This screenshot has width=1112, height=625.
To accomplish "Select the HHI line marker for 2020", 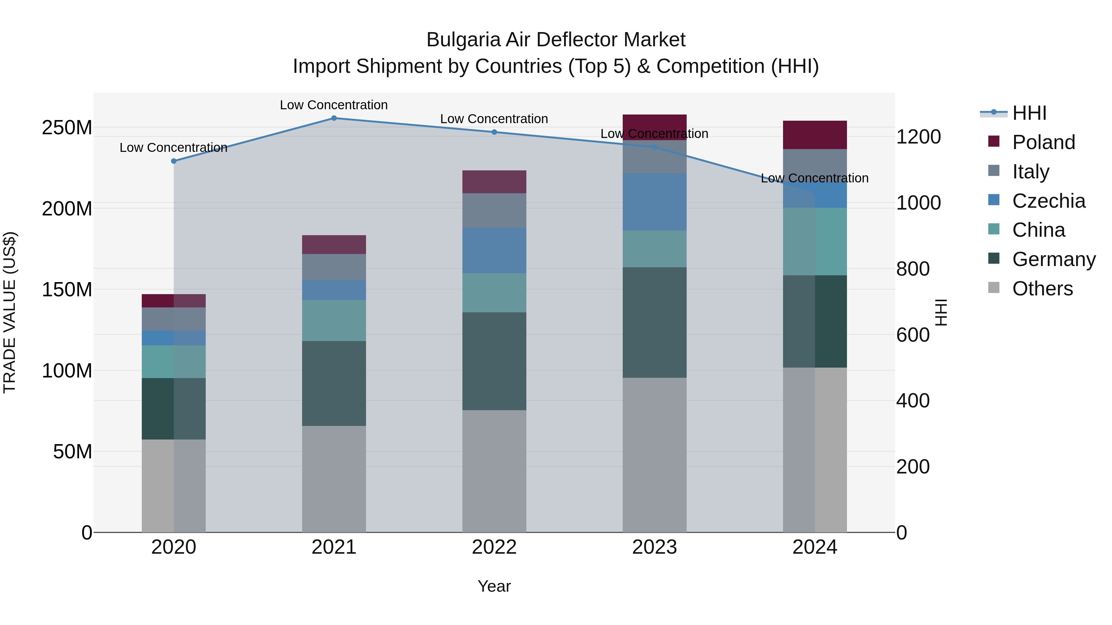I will click(174, 161).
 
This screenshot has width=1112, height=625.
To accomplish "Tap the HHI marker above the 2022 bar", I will click(494, 132).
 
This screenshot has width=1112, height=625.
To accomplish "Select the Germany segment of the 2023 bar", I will click(655, 322).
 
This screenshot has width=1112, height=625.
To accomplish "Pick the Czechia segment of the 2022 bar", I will click(494, 250).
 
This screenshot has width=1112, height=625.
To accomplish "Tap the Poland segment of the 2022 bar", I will click(494, 181).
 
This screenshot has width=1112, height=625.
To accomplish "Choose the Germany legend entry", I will click(1054, 259).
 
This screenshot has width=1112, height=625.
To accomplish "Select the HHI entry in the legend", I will click(1029, 113).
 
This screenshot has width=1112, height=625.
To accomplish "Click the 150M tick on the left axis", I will click(67, 290).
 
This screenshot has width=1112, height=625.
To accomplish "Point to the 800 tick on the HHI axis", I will click(912, 269).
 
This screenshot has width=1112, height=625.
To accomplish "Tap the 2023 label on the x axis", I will click(655, 547).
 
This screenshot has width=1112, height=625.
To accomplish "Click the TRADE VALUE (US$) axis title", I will click(10, 312).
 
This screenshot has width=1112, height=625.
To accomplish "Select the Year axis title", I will click(494, 586).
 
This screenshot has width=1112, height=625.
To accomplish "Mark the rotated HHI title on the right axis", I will click(941, 312).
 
